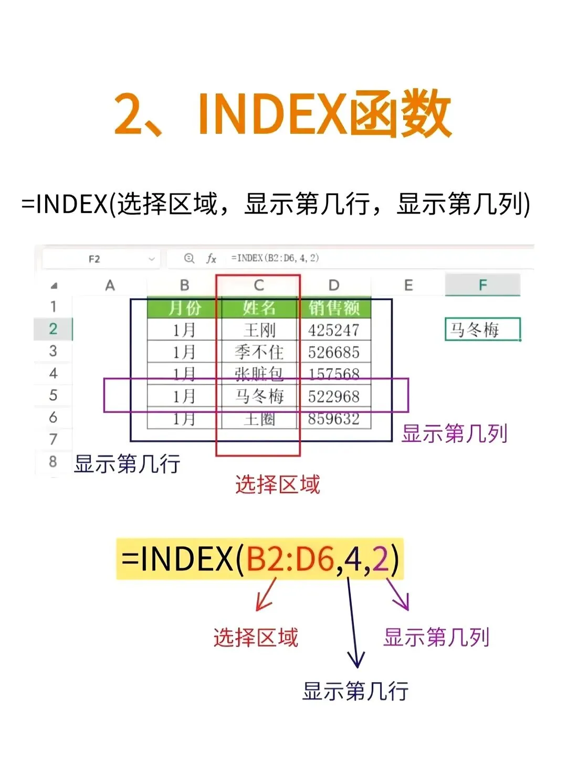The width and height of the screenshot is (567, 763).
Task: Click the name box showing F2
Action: [x=94, y=259]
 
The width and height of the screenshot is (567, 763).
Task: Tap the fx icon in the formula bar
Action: [x=211, y=258]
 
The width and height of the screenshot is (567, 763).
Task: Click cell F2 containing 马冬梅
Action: [x=482, y=330]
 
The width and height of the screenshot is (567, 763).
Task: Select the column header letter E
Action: [x=408, y=285]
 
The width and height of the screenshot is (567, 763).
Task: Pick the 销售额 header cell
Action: [x=334, y=308]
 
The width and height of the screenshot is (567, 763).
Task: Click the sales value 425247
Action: [x=334, y=330]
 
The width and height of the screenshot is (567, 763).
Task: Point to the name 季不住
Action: [x=259, y=352]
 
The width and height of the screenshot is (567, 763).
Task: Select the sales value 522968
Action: [x=334, y=396]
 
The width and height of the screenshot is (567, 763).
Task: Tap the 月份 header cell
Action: [x=184, y=308]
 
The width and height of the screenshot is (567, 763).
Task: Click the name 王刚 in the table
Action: [x=259, y=330]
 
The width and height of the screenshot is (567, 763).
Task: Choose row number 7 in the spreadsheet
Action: [x=53, y=439]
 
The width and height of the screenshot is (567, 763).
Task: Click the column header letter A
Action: [x=110, y=285]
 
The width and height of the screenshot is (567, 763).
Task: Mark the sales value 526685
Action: [x=334, y=352]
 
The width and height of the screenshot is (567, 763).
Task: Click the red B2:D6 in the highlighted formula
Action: [x=290, y=559]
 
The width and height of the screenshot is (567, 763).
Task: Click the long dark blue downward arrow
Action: [x=353, y=624]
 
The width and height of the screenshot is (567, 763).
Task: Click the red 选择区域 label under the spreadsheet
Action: [x=277, y=484]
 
